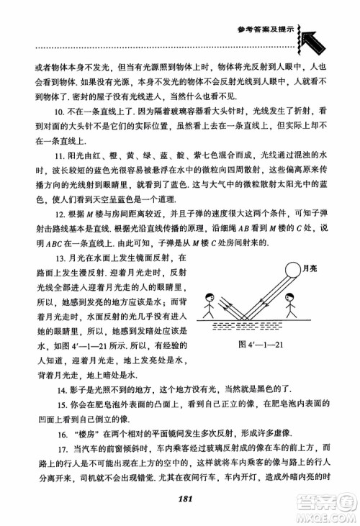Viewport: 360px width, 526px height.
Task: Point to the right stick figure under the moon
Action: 292,311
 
